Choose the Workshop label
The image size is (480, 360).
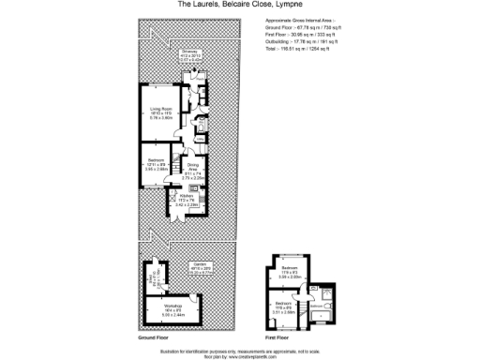(172, 306)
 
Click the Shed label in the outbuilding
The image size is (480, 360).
(150, 278)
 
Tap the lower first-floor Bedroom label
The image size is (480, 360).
(283, 304)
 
